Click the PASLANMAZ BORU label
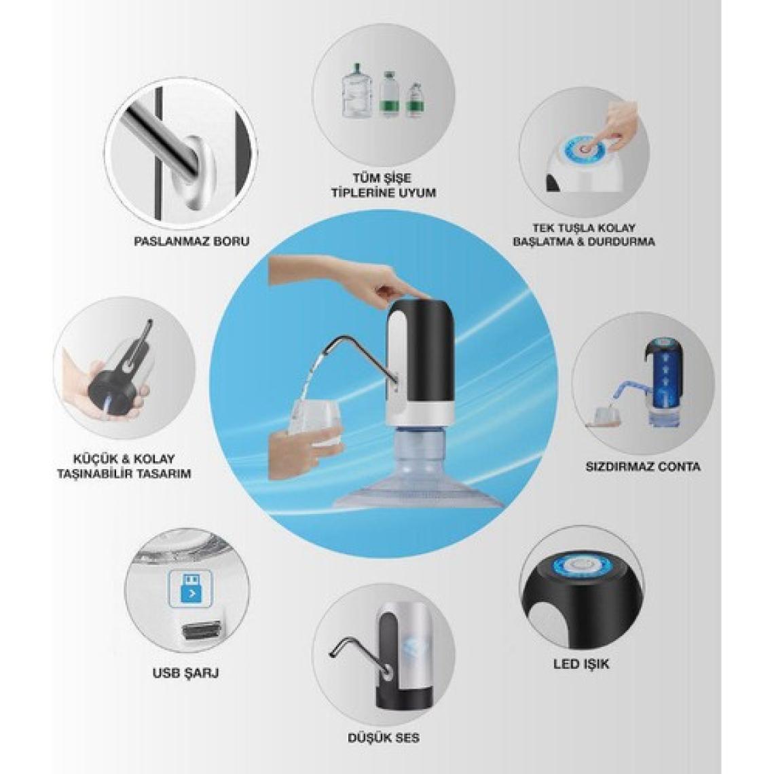[x=191, y=242]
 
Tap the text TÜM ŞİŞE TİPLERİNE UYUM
[x=384, y=185]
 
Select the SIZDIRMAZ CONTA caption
[x=643, y=466]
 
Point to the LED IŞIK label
[x=581, y=664]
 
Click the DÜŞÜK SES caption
[x=384, y=738]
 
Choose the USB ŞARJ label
[x=185, y=672]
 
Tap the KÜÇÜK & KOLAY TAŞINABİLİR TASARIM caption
[x=124, y=466]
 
